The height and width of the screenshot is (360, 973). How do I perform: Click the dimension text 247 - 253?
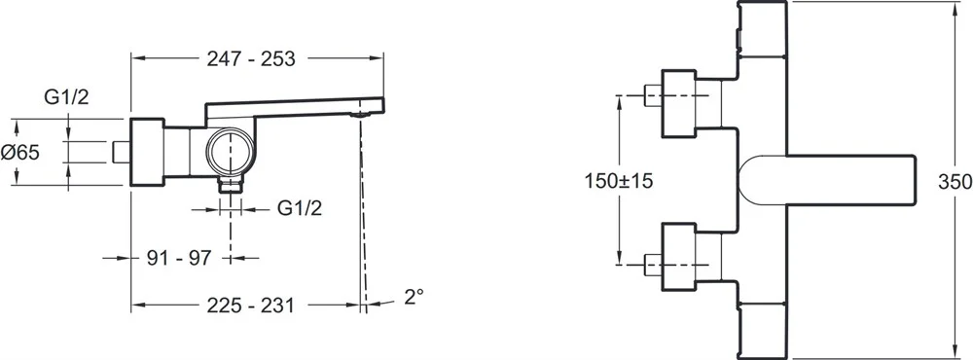(x=250, y=58)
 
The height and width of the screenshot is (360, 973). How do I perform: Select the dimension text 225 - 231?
(x=250, y=306)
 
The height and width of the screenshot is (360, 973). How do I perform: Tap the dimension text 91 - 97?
(x=179, y=258)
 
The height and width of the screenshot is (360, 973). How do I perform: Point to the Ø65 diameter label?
(x=19, y=152)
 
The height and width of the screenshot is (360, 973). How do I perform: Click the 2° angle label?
(x=414, y=296)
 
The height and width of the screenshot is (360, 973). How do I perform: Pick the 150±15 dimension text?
(x=619, y=181)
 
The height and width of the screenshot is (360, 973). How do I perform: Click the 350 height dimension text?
(x=955, y=182)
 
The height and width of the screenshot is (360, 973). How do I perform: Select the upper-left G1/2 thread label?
(x=66, y=97)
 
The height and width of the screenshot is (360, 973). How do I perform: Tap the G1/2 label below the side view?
(x=299, y=209)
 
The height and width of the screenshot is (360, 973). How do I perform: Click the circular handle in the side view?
(x=231, y=152)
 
